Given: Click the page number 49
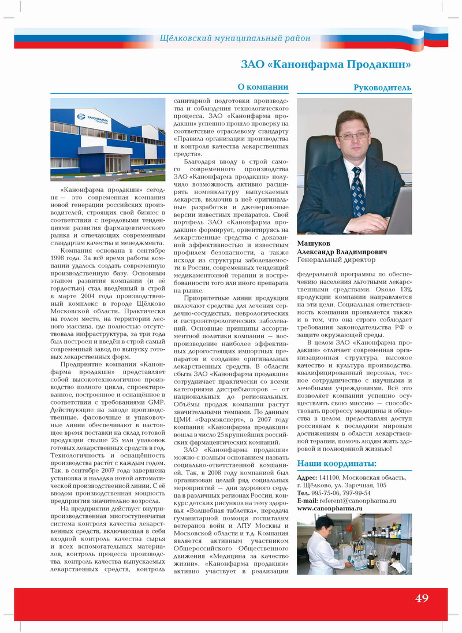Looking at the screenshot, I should point(422,598).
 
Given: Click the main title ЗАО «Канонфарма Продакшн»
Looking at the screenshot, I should point(326,63).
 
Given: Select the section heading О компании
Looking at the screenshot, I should point(263,87).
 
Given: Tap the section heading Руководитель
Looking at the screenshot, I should point(382,88).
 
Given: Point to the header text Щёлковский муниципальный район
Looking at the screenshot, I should point(235,39).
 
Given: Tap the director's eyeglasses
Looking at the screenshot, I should point(353,136).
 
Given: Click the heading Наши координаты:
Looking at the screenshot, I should point(336,463).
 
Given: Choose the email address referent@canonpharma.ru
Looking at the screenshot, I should point(358,500).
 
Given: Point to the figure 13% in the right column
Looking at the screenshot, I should point(403,289).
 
